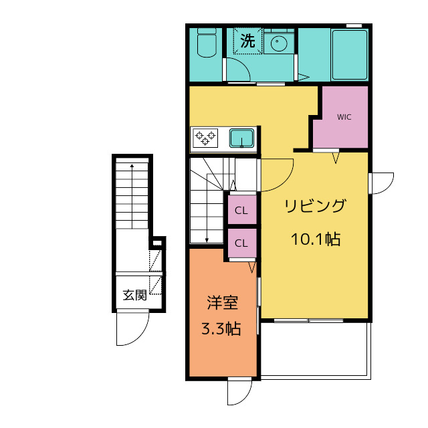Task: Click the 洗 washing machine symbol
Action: coord(248,41)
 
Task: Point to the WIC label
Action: coord(344,117)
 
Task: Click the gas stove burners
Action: coord(205,138)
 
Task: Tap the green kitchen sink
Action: coord(241,138)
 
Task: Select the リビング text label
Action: coord(316,206)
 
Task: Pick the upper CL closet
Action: coord(241,212)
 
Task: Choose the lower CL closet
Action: coord(241,243)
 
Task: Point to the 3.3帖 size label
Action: coord(222,328)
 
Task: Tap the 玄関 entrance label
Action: coord(134,294)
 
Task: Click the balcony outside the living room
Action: coord(314,350)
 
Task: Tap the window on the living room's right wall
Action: coord(379,183)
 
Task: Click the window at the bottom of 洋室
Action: coord(239,391)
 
